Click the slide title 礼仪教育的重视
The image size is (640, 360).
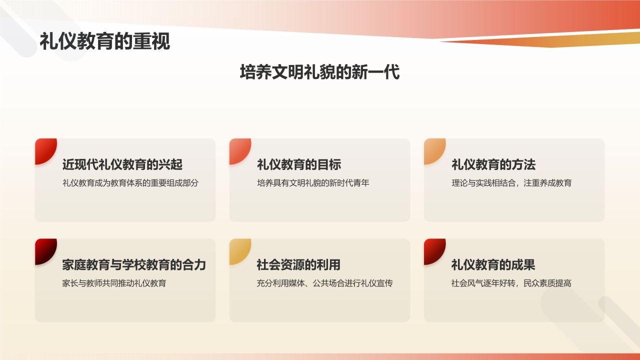(105, 42)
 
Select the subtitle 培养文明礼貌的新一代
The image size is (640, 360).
(320, 72)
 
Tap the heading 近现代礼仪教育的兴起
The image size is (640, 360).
(122, 164)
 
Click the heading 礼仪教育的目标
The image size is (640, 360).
(299, 164)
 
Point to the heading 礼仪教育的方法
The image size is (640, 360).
(493, 164)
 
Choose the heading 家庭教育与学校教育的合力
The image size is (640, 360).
(134, 264)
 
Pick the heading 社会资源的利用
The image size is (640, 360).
(299, 264)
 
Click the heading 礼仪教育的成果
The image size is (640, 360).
(493, 264)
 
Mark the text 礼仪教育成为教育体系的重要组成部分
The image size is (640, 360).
(130, 183)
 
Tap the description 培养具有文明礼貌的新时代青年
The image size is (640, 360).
(313, 183)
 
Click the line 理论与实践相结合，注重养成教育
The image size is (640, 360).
(511, 183)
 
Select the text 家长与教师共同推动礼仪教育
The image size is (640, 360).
(114, 283)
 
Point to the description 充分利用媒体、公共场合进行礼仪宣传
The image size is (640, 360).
(324, 283)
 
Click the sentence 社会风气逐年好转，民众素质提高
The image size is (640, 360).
(511, 283)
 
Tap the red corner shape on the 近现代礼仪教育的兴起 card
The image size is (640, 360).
(44, 149)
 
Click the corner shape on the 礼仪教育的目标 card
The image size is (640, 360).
(238, 149)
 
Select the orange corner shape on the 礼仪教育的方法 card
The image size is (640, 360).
(433, 149)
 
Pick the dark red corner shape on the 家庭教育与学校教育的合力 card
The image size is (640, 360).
(44, 249)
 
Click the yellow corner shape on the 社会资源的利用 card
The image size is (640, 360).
(238, 249)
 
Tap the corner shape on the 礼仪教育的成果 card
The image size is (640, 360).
(433, 249)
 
